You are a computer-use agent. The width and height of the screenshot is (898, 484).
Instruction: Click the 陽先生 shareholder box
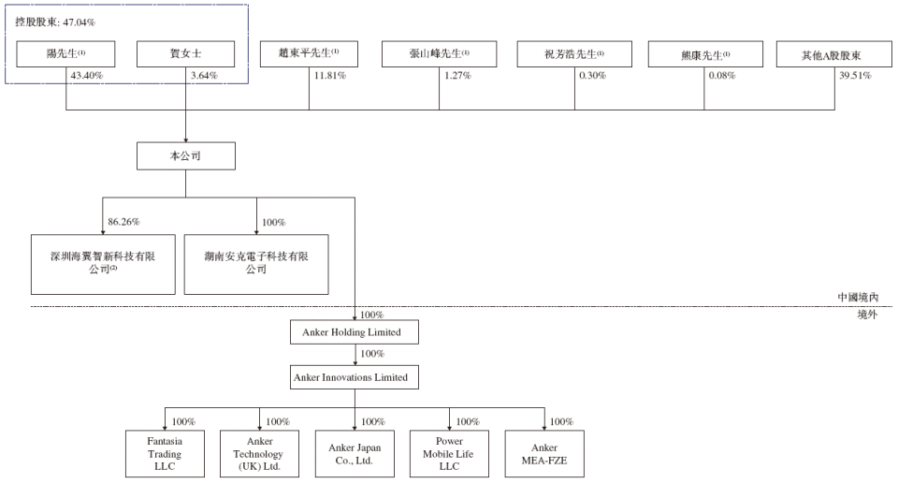pos(66,53)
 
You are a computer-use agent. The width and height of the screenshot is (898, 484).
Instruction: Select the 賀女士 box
pos(185,53)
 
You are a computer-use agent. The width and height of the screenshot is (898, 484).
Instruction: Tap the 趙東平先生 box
pos(309,53)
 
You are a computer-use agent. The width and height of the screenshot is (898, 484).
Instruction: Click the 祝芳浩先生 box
pos(574,53)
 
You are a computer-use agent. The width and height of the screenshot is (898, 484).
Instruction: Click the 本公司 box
pos(185,156)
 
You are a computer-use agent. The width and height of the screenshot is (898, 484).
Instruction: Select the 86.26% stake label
pos(124,223)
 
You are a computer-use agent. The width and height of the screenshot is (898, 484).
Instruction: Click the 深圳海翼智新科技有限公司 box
pos(102,265)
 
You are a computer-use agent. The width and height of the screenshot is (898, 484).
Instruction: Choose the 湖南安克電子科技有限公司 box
pos(256,265)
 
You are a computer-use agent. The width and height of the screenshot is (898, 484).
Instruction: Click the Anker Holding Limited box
pos(355,332)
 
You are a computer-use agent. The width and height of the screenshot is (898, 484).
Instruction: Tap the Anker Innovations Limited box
pos(355,377)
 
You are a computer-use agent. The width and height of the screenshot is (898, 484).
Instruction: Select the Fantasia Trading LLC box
pos(165,454)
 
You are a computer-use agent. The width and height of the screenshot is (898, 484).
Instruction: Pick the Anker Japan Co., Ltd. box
pos(355,454)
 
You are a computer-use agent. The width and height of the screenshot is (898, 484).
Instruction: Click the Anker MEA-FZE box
pos(544,454)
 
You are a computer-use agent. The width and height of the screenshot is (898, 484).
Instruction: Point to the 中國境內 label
pos(859,298)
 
